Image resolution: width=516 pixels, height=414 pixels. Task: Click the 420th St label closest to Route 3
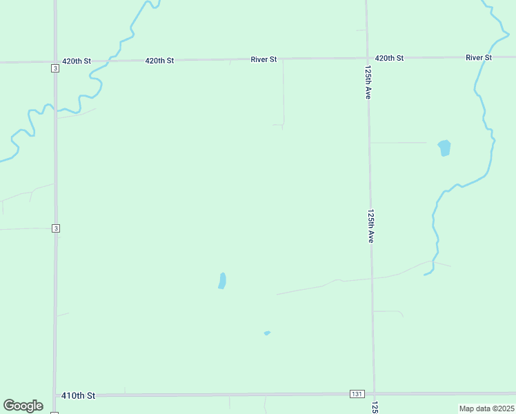pos(77,61)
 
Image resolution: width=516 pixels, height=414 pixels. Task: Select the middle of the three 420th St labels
pos(159,61)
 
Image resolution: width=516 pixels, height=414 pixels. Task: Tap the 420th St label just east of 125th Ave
pos(389,58)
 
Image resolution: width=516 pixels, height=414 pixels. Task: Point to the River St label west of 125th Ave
pos(264,60)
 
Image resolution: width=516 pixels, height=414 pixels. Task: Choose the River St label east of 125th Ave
pos(479,57)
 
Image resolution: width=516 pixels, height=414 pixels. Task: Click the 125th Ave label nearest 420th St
pos(368,83)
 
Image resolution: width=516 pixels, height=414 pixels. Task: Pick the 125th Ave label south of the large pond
pos(371,226)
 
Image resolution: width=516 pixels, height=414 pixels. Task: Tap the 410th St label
pos(78,395)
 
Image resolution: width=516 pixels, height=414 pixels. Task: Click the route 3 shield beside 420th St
pos(54,68)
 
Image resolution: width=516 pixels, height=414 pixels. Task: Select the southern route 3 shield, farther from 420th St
pos(55,228)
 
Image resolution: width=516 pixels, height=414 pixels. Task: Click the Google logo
pos(23,406)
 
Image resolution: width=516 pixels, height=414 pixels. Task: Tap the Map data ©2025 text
pos(486,408)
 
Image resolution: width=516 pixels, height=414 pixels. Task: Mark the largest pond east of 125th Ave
pos(444,148)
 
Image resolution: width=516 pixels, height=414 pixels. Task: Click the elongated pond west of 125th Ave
pos(222,280)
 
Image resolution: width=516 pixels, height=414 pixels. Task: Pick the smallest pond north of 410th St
pos(267,333)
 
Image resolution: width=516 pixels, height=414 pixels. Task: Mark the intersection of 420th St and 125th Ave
pos(366,58)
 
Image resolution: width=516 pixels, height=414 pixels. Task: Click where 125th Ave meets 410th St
pos(374,393)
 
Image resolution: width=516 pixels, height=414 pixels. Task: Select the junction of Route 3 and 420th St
pos(55,62)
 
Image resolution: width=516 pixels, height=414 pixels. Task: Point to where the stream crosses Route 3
pos(56,110)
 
